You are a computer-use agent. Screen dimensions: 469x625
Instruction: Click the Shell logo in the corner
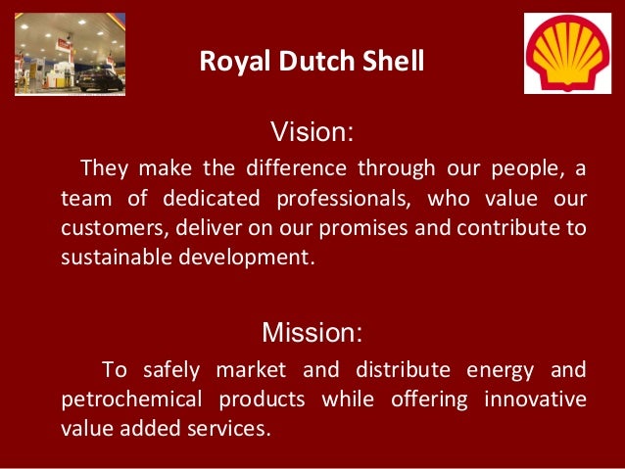pos(567,53)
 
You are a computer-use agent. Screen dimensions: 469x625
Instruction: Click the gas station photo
pos(70,55)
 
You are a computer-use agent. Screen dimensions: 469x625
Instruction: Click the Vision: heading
pos(312,131)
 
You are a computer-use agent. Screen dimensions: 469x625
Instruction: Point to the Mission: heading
pos(312,333)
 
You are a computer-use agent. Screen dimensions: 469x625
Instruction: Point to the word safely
pos(171,370)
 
